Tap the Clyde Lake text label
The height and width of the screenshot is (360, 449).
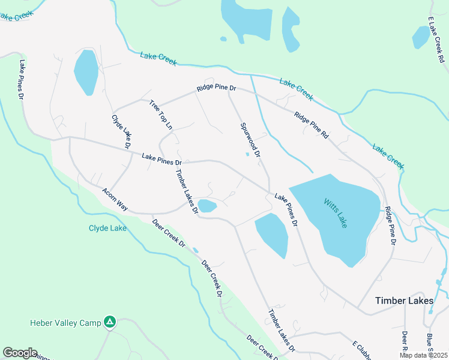click(107, 228)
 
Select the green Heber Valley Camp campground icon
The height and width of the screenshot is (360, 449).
click(109, 323)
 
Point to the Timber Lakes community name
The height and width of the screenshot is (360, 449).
click(404, 301)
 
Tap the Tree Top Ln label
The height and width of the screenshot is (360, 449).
click(160, 114)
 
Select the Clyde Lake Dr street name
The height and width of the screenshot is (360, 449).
click(121, 131)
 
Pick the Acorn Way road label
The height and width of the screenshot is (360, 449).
click(115, 199)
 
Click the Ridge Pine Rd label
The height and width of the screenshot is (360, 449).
click(312, 125)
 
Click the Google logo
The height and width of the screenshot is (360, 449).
click(20, 353)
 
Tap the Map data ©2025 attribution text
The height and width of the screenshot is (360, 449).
click(424, 355)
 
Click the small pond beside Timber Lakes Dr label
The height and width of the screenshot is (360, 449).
click(208, 206)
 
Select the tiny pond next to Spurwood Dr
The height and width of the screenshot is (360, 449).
click(247, 154)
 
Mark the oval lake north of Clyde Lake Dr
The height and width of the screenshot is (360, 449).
click(86, 71)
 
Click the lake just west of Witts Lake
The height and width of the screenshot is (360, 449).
click(272, 234)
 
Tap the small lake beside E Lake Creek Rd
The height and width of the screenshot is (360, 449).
click(421, 37)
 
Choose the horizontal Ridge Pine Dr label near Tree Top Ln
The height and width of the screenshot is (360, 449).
click(217, 88)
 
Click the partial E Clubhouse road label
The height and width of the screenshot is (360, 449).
click(360, 349)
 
